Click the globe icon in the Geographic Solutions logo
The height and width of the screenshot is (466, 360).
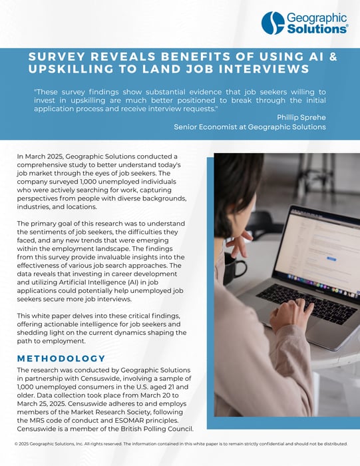point(273,23)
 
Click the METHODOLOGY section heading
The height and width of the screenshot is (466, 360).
point(61,359)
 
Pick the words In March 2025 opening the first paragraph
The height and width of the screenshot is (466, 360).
point(40,155)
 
